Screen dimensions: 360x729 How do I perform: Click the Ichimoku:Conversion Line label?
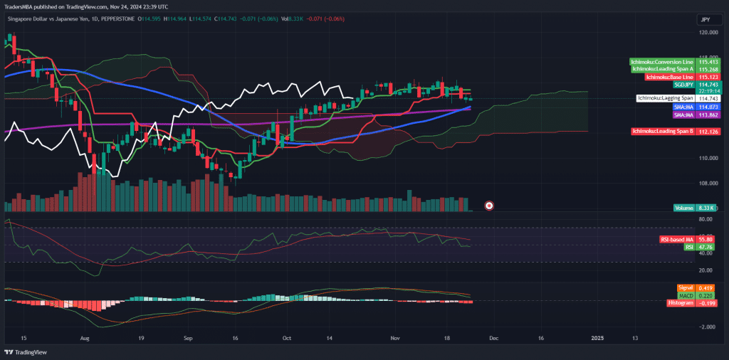coord(662,63)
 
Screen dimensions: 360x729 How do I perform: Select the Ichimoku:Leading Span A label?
coord(662,69)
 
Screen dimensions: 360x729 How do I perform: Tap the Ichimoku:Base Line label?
coord(669,77)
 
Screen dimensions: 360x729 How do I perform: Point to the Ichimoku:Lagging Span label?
coord(665,98)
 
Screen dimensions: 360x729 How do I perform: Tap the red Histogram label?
coord(681,303)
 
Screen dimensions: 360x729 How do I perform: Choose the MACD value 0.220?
coord(706,295)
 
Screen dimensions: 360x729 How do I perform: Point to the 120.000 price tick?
coord(708,33)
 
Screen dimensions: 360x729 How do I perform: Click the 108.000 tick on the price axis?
coord(708,183)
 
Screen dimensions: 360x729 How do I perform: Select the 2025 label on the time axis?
coord(596,339)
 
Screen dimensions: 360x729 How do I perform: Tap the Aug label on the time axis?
coord(85,339)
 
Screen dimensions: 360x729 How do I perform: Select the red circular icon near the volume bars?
coord(489,206)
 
